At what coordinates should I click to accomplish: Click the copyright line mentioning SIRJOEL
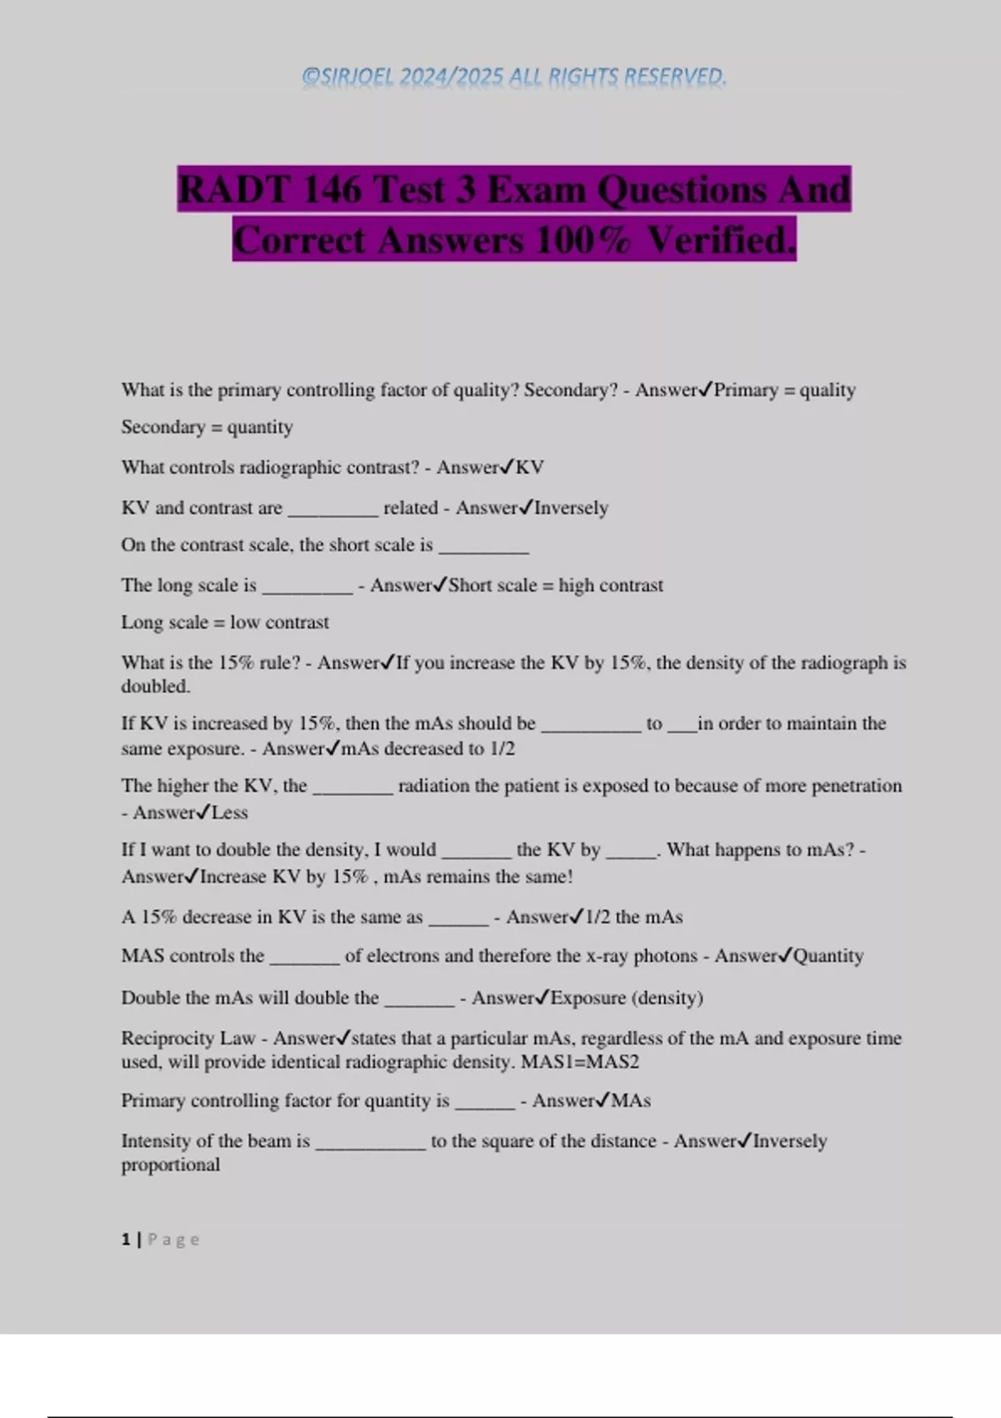tap(514, 78)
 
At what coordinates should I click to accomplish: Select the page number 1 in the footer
tap(126, 1239)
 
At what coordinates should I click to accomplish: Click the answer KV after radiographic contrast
tap(530, 467)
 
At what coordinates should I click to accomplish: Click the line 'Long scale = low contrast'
tap(225, 622)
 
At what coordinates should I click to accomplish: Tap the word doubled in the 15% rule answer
tap(155, 686)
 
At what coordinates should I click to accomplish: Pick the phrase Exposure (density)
tap(626, 998)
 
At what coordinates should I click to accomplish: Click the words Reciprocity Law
tap(188, 1038)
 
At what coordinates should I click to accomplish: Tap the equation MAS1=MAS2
tap(580, 1063)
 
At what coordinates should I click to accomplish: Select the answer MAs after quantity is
tap(631, 1101)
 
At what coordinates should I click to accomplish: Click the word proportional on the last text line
tap(170, 1165)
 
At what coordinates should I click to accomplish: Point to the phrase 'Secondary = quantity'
tap(207, 427)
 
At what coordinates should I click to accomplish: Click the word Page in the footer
tap(174, 1239)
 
